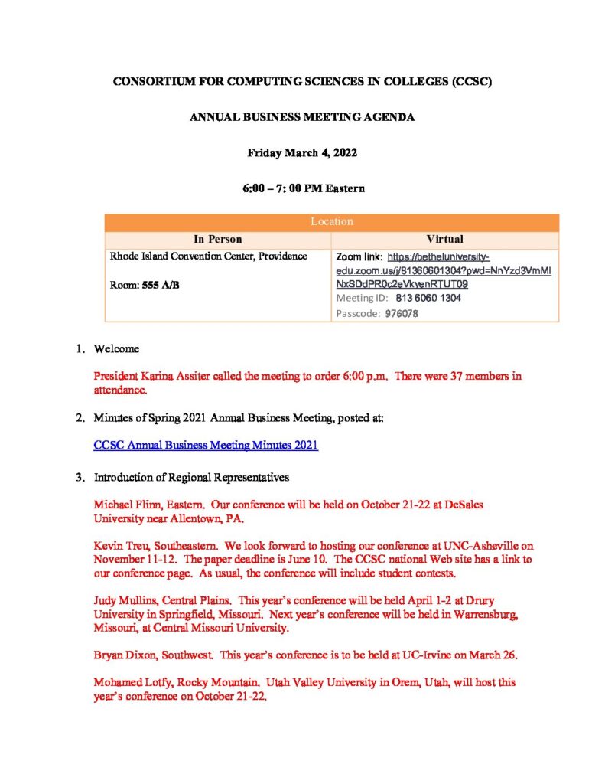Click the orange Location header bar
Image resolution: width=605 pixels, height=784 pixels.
(331, 221)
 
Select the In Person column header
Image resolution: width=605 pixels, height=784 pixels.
(218, 239)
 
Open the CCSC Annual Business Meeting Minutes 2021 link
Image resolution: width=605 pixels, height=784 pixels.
(205, 446)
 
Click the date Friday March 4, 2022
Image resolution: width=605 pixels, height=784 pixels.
(302, 152)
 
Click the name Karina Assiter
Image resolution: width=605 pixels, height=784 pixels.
(164, 377)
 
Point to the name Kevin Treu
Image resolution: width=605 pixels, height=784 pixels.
(120, 546)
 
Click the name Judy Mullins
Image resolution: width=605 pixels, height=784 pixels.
(125, 600)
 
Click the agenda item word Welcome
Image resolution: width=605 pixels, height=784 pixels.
(116, 349)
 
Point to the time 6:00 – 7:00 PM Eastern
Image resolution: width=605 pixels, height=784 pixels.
(302, 188)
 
